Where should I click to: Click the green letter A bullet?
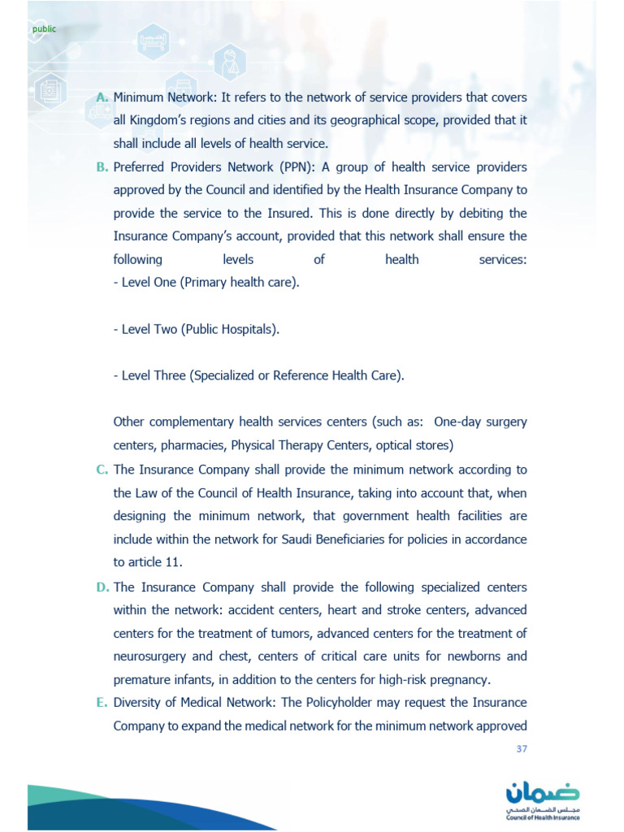tap(102, 97)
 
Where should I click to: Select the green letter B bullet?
tap(102, 167)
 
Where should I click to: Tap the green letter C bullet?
tap(102, 470)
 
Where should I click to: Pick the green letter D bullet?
tap(102, 587)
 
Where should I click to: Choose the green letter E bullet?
tap(102, 702)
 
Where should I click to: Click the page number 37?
tap(522, 749)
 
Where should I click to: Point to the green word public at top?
tap(44, 29)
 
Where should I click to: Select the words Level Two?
tap(149, 330)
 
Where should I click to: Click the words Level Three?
tap(154, 376)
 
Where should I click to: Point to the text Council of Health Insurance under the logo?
tap(543, 819)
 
